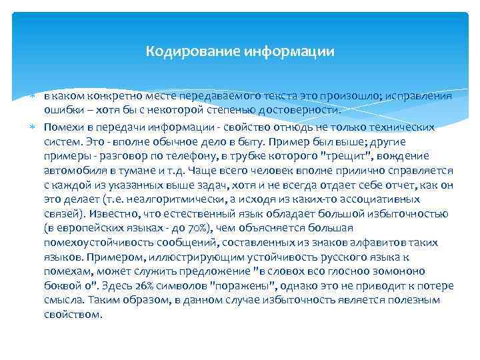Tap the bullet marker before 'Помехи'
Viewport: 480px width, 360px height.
click(34, 126)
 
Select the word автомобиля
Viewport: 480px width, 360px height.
click(72, 170)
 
